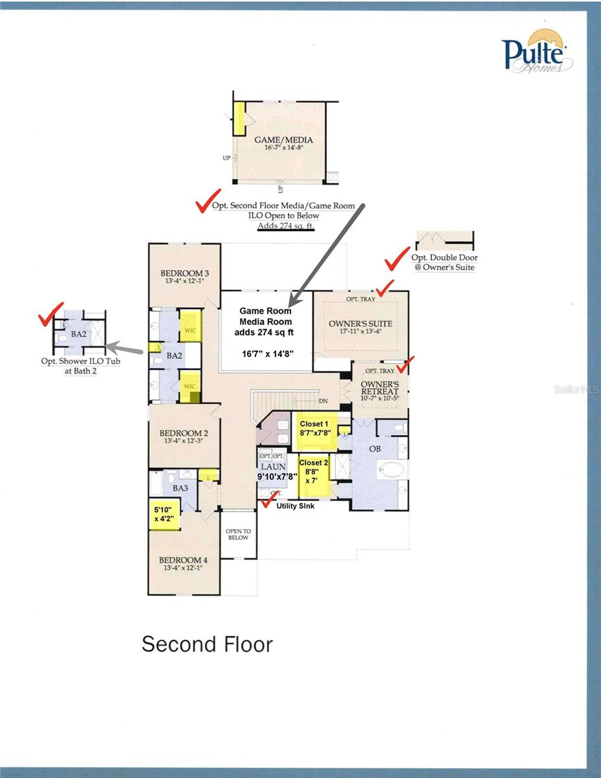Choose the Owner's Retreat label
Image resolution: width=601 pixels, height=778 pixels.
click(379, 387)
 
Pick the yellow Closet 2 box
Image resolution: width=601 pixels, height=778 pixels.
click(314, 477)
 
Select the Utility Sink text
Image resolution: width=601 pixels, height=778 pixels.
click(296, 506)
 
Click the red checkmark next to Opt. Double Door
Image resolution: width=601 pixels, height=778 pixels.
click(396, 261)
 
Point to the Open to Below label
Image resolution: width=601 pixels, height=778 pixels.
click(238, 534)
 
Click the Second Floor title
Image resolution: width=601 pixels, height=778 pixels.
click(207, 644)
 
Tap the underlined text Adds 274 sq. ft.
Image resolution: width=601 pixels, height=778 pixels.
click(282, 226)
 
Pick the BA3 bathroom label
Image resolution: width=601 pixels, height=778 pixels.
click(180, 487)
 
